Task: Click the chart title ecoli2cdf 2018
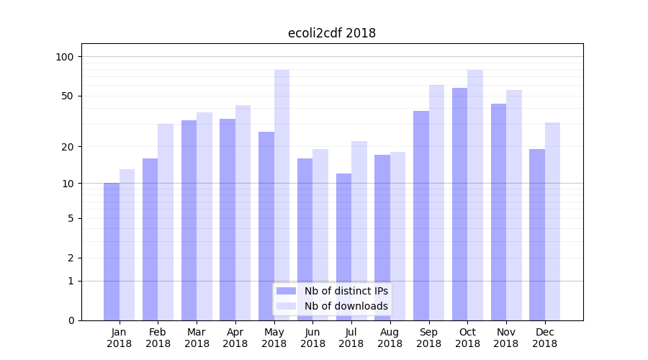[331, 33]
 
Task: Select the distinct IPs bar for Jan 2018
[112, 251]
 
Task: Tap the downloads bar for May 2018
[282, 194]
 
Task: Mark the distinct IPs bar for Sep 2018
[421, 215]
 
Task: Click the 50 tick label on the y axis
[68, 96]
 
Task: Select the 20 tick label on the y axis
[68, 147]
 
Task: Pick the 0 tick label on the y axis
[71, 320]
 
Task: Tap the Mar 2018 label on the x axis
[197, 338]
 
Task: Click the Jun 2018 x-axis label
[312, 338]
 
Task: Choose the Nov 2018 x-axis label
[506, 338]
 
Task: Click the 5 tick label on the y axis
[71, 218]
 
